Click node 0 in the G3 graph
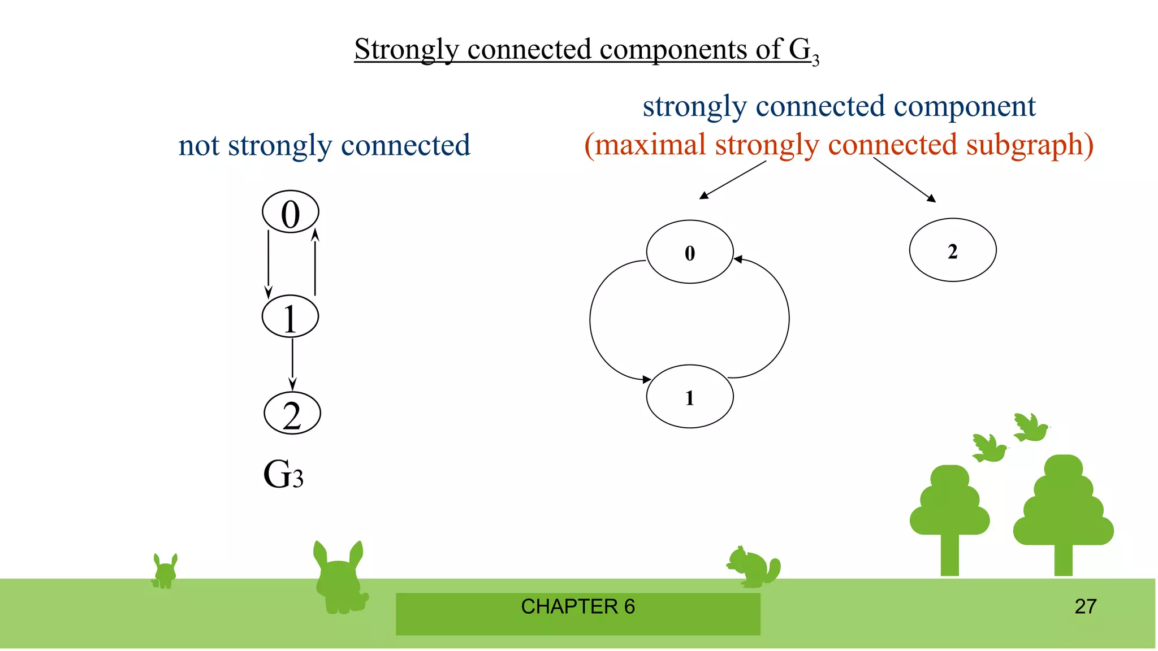[291, 212]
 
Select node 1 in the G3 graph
[290, 316]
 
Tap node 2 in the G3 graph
[292, 413]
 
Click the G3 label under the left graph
[283, 475]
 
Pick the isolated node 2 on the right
[953, 250]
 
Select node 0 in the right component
[690, 252]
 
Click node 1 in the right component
[690, 397]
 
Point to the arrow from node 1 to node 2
[292, 364]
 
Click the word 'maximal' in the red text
[650, 145]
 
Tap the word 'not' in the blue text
[199, 146]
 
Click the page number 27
[1085, 606]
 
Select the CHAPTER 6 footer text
[577, 606]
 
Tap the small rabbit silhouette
[165, 572]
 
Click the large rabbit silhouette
[339, 579]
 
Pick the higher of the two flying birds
[1030, 428]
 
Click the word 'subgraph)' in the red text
[1029, 145]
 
